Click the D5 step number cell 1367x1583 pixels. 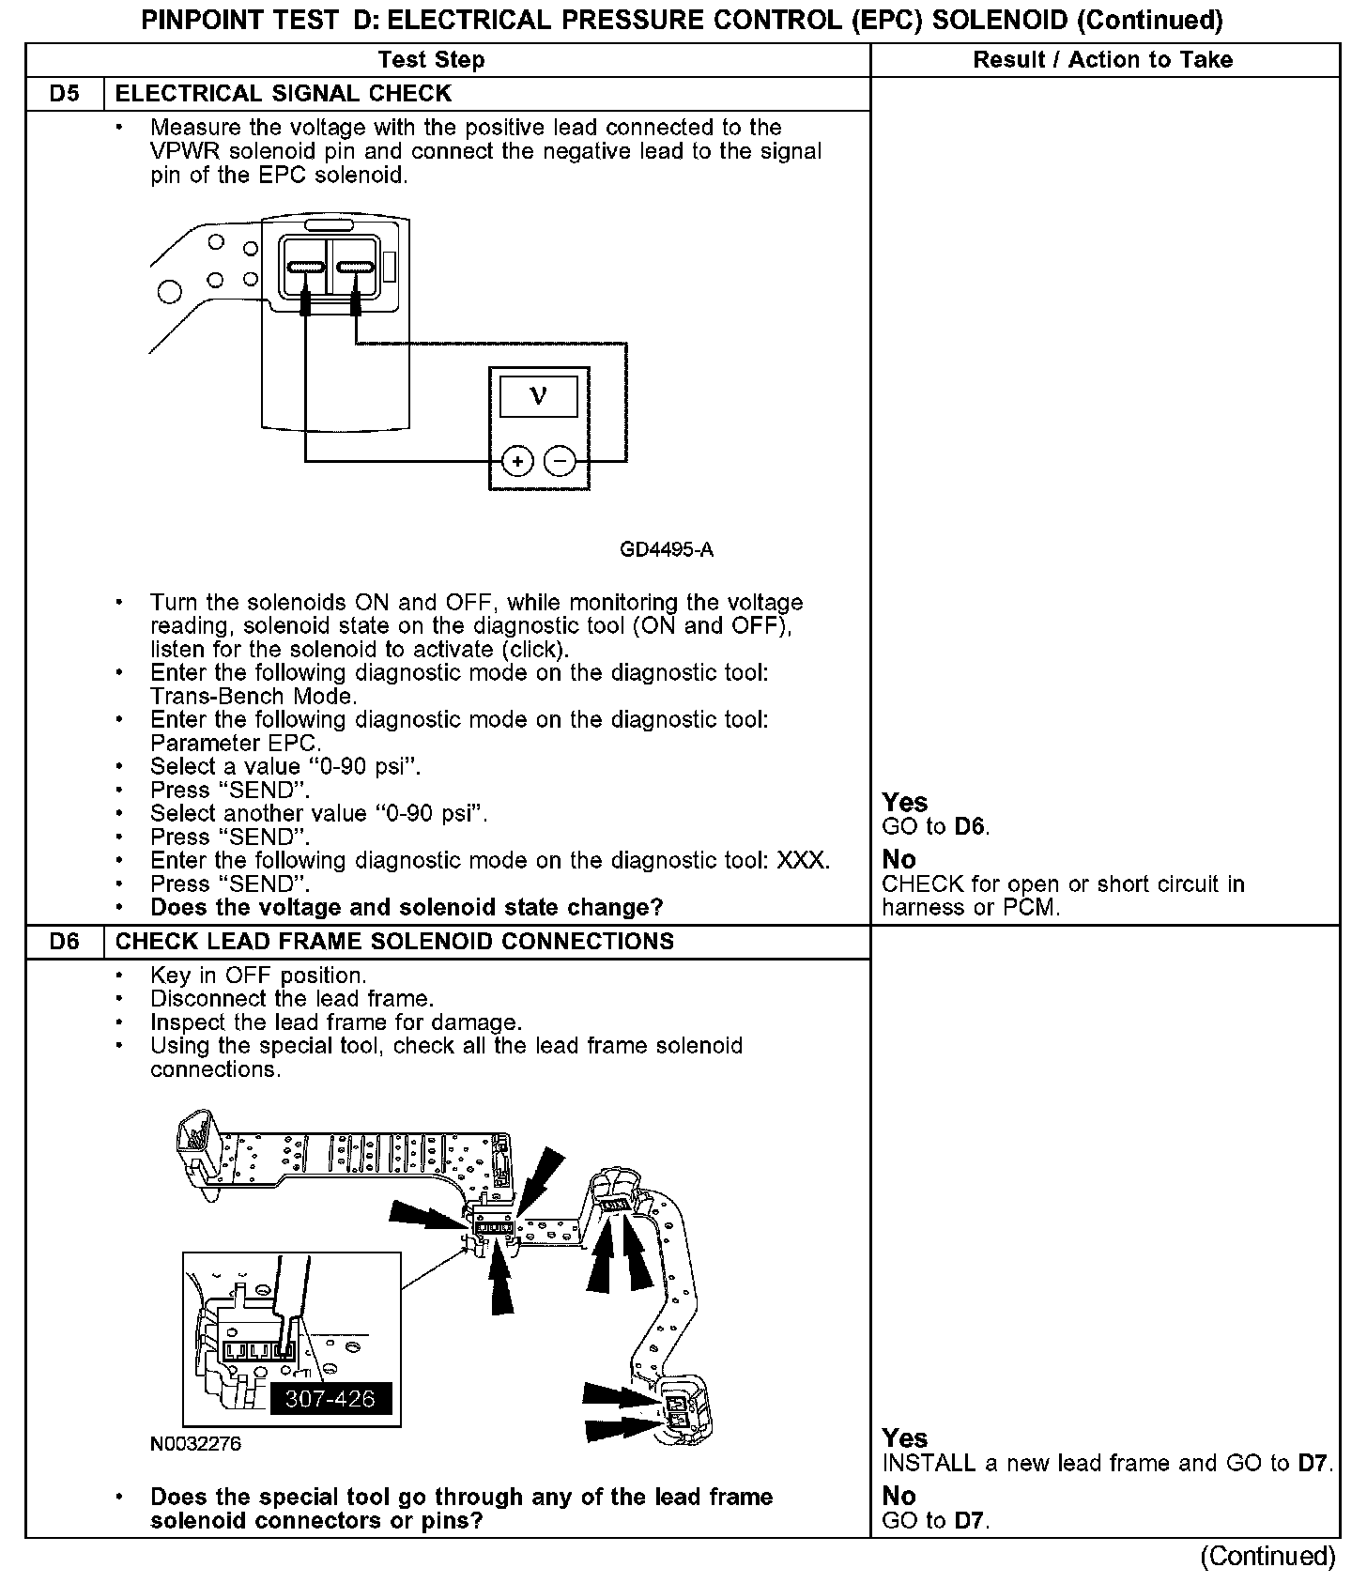coord(64,94)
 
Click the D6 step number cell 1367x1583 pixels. coord(64,942)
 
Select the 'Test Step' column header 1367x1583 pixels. coord(431,60)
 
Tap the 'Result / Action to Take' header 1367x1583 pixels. coord(1102,60)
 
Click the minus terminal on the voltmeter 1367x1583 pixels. coord(560,461)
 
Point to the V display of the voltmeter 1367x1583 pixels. coord(538,395)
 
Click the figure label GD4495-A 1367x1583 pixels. coord(667,550)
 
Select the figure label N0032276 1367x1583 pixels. coord(195,1444)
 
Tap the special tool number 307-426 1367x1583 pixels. coord(330,1399)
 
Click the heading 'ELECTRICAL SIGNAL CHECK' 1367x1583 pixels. coord(283,94)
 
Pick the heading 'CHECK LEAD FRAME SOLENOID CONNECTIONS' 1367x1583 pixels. coord(394,942)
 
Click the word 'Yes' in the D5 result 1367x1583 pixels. coord(905,803)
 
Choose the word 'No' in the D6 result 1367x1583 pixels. coord(899,1496)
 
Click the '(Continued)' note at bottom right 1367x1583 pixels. coord(1267,1557)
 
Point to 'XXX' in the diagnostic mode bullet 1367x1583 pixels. coord(803,861)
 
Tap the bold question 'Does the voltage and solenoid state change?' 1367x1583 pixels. coord(407,908)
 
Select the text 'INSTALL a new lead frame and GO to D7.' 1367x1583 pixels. coord(1107,1464)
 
